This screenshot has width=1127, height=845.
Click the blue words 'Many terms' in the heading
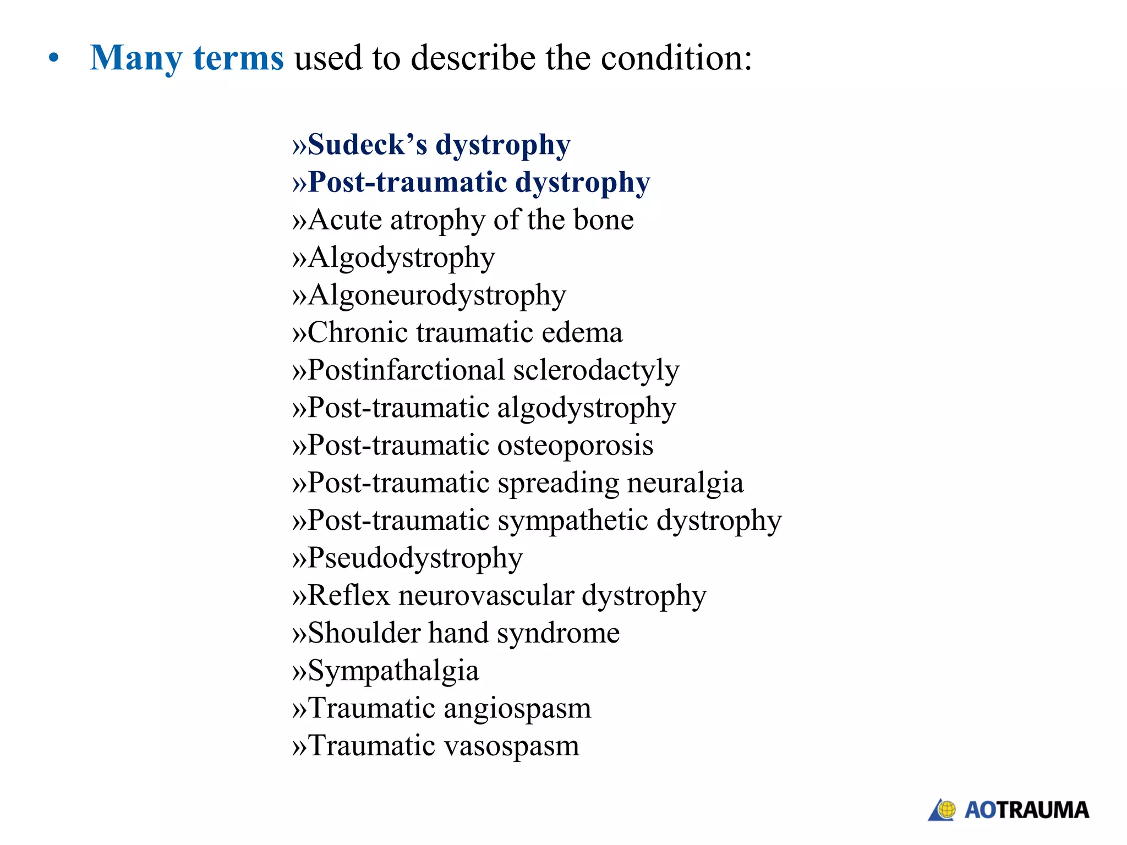[187, 58]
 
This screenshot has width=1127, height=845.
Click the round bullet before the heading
[53, 58]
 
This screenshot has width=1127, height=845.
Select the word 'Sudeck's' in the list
[367, 145]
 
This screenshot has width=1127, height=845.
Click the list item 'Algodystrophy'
[401, 258]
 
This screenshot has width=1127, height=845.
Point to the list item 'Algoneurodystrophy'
[436, 295]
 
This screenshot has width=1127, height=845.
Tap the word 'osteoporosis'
[575, 445]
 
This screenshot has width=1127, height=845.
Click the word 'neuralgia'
[685, 483]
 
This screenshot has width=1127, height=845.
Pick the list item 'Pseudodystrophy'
[415, 558]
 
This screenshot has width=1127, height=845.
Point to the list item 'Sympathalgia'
[393, 671]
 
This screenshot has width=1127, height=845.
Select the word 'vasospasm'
[511, 747]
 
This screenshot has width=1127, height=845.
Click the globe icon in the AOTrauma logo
[947, 810]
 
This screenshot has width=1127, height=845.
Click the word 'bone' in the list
[603, 220]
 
